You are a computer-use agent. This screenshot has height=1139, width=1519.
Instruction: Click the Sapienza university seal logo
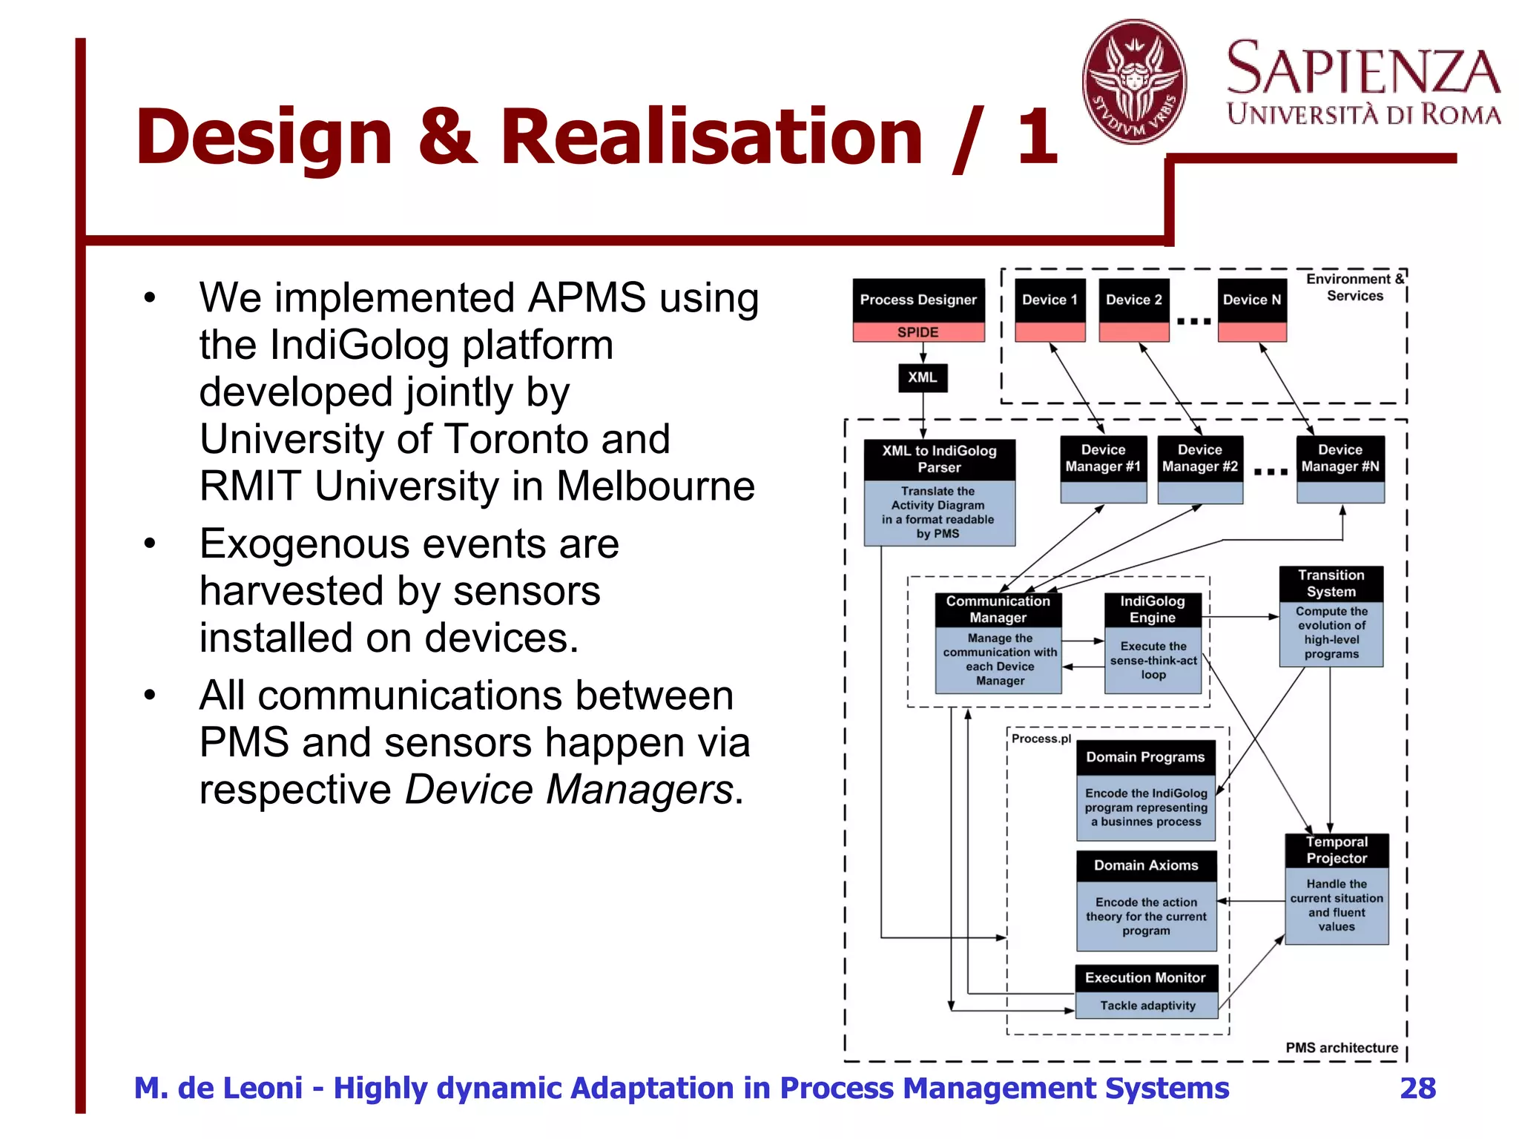[1134, 82]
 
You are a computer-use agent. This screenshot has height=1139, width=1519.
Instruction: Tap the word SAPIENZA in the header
[1363, 69]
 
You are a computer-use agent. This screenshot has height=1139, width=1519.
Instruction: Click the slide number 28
[1417, 1088]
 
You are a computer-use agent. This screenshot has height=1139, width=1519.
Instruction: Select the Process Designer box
[918, 300]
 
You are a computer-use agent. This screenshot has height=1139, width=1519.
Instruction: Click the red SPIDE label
[918, 332]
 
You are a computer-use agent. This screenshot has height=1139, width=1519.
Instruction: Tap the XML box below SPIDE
[922, 377]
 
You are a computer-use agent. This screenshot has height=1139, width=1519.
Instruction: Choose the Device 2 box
[1133, 300]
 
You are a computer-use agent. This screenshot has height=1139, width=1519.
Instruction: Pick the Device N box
[1252, 300]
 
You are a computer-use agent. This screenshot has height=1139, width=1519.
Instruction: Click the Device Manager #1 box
[1103, 458]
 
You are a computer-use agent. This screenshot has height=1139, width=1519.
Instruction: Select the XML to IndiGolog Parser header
[939, 459]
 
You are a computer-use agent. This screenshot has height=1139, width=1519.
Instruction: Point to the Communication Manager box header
[998, 610]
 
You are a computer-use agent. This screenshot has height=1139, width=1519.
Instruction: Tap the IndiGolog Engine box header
[1152, 610]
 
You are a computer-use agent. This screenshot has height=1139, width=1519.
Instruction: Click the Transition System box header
[1331, 584]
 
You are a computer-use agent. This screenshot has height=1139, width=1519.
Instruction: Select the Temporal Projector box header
[1337, 850]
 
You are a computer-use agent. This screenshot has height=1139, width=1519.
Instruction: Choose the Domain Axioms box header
[1146, 865]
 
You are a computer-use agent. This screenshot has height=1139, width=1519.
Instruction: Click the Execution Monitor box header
[1145, 977]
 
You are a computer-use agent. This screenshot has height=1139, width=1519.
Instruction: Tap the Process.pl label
[1041, 739]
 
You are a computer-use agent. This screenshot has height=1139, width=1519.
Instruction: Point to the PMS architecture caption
[1341, 1048]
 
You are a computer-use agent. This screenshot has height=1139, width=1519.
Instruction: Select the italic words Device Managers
[568, 789]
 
